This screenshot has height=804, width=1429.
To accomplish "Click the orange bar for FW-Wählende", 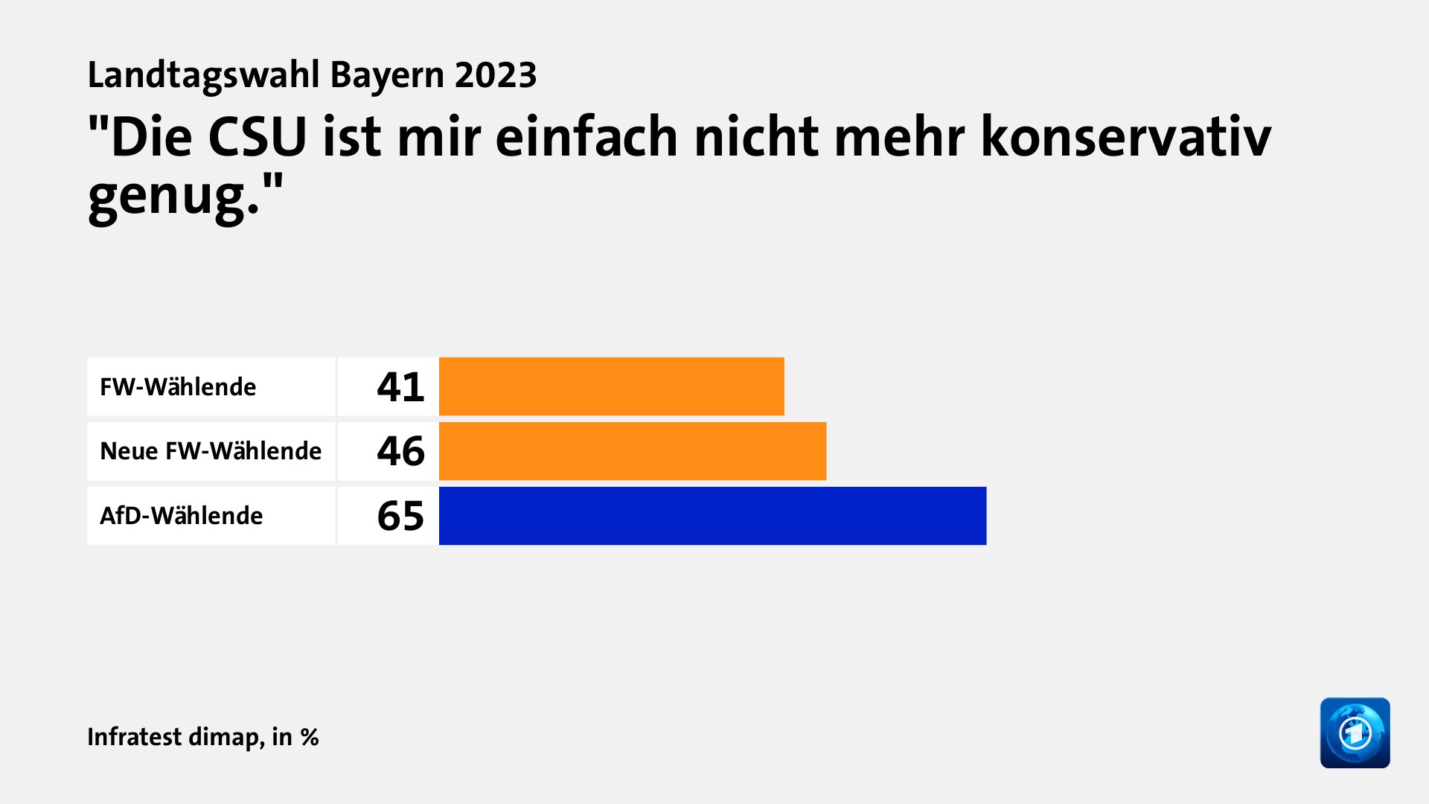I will coord(611,386).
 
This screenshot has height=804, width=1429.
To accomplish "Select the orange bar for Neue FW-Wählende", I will coord(632,451).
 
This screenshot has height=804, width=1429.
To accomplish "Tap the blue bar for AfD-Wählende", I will coord(712,516).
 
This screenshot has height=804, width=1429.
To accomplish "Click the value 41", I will coord(400,387).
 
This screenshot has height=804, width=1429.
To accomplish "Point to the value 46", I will coord(400,451).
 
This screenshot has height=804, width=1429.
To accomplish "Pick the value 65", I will coord(400,516).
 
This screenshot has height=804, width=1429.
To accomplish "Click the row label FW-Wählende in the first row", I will coord(178,387).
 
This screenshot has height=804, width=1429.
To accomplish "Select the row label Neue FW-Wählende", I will coord(211,451).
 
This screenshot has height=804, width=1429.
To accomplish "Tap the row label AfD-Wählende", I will coord(181,516).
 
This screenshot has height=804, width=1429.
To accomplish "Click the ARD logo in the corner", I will coord(1355,733).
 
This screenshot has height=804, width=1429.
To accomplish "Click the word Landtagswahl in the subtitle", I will coord(204,75).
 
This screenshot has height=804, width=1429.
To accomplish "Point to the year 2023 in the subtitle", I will coord(496,75).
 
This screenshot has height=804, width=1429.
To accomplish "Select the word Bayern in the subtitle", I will coord(387,75).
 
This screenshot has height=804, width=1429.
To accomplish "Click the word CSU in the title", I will coord(257,138).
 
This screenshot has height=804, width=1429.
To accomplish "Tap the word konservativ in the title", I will coord(1125,138).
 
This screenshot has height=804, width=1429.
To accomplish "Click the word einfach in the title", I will coord(586,138).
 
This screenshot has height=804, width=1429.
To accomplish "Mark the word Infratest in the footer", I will coord(135,736).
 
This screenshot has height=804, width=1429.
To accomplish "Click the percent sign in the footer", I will coord(310,737).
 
